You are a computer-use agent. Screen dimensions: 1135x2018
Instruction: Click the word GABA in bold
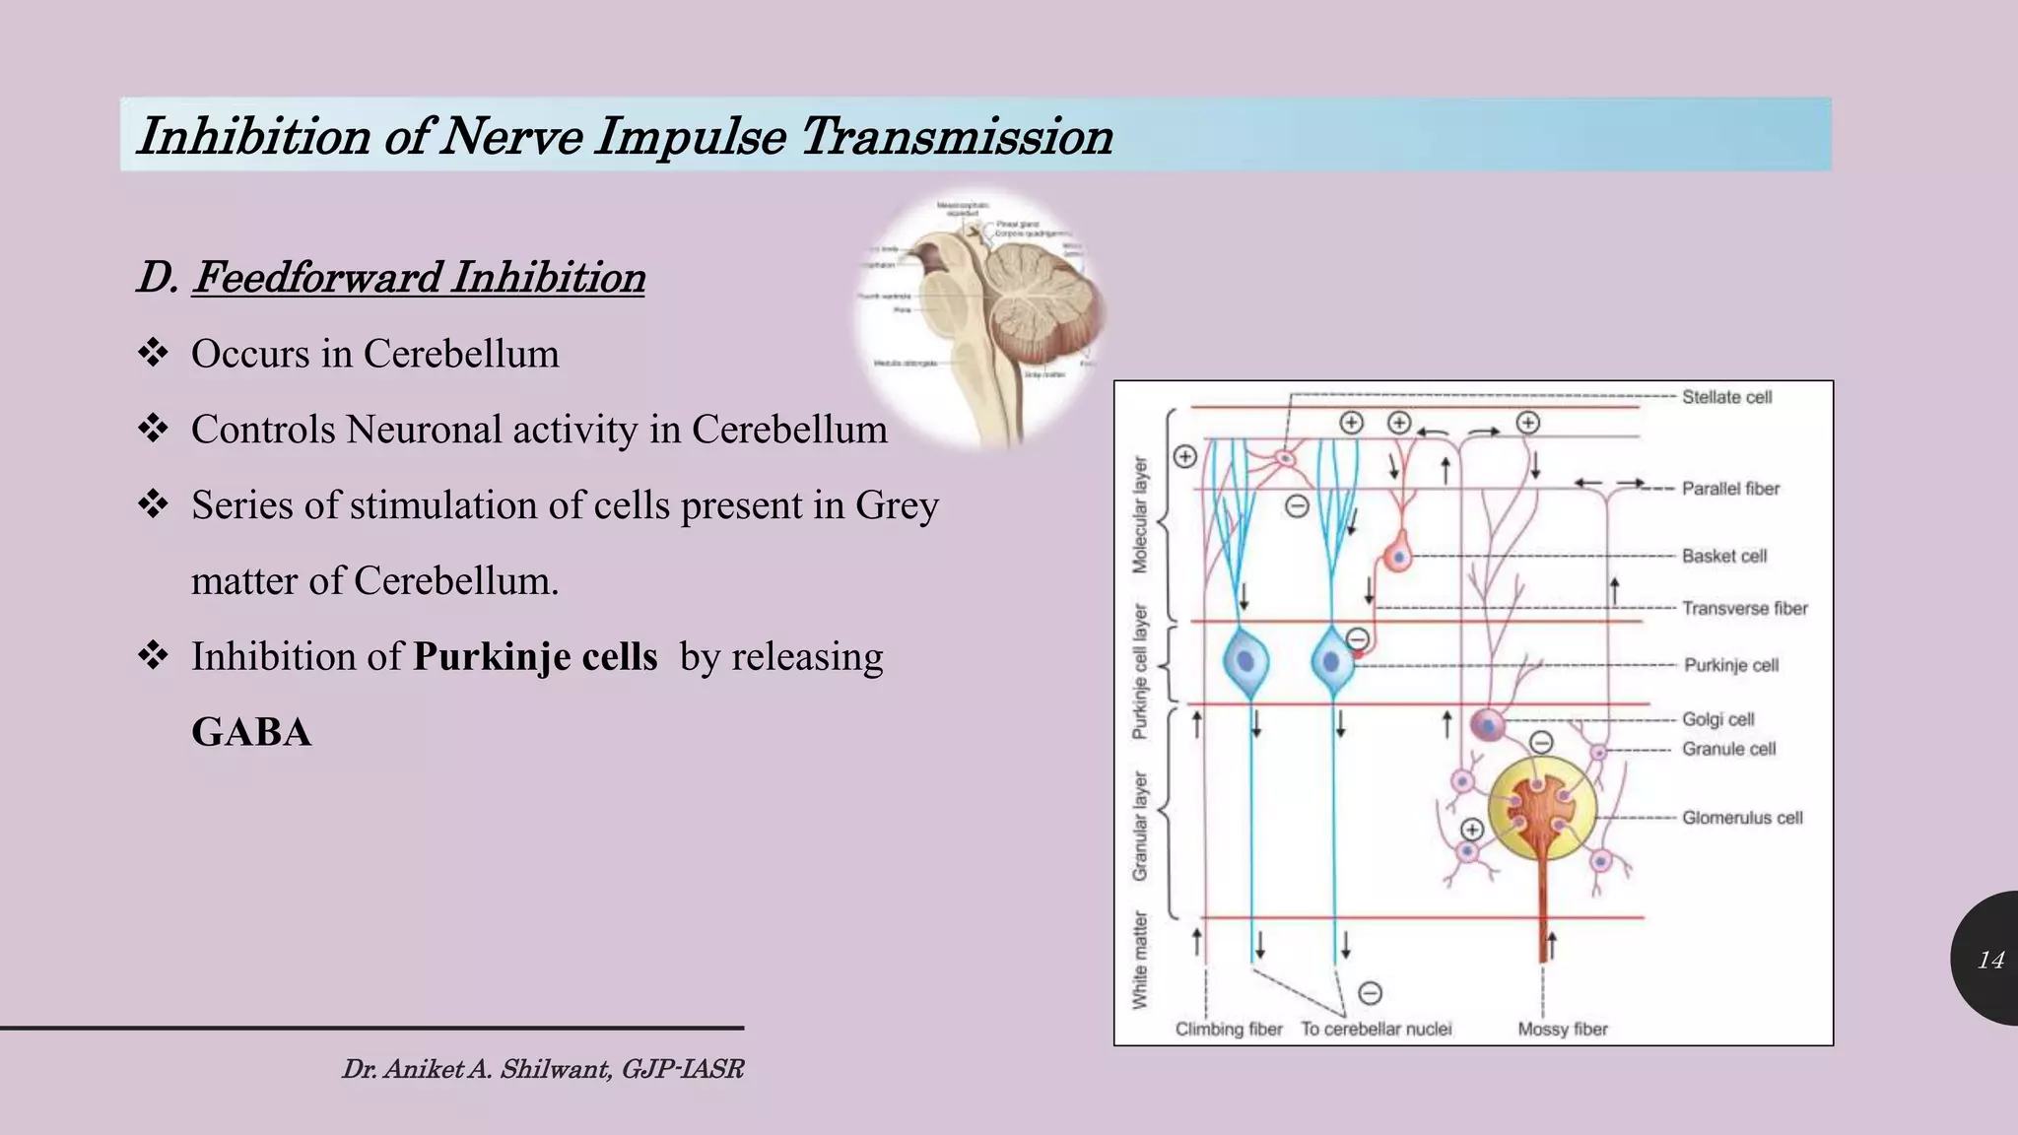[x=251, y=732]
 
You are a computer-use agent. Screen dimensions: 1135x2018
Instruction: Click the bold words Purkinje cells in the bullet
[x=535, y=656]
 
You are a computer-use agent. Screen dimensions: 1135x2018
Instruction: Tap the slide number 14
[x=1990, y=960]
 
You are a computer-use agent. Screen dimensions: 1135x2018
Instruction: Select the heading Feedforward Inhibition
[x=419, y=277]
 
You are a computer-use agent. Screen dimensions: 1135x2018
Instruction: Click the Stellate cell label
[x=1726, y=397]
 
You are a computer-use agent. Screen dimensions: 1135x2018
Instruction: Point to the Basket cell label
[x=1724, y=556]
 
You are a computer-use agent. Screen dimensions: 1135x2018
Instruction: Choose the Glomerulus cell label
[x=1742, y=818]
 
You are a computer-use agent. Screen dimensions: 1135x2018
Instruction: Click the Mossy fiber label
[x=1562, y=1029]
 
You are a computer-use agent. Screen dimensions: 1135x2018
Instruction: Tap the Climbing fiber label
[x=1229, y=1029]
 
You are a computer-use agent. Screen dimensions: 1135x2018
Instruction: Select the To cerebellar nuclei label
[x=1376, y=1029]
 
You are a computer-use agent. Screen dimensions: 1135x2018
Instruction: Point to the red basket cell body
[x=1397, y=558]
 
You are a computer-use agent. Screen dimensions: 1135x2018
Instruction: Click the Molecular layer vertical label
[x=1140, y=514]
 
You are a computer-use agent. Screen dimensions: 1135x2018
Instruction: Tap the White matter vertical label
[x=1140, y=960]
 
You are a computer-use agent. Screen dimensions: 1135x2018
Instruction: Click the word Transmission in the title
[x=956, y=135]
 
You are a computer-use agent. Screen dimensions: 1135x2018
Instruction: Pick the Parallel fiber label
[x=1730, y=488]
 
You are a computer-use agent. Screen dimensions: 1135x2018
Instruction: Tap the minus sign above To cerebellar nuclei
[x=1370, y=992]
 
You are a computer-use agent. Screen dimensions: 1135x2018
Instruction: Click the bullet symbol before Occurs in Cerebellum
[x=153, y=353]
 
